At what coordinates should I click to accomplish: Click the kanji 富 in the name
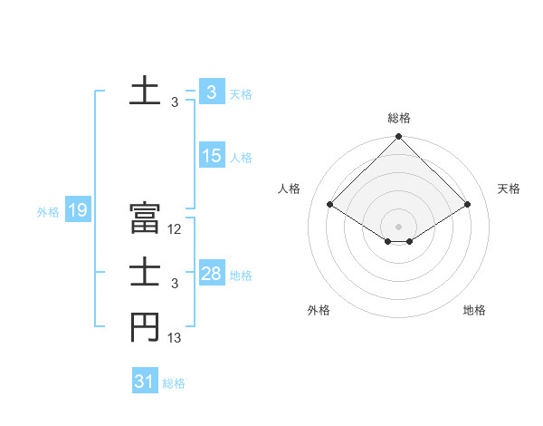145,218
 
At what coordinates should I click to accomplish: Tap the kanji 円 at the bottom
145,327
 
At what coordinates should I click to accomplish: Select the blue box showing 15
212,156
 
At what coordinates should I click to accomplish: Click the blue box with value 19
77,211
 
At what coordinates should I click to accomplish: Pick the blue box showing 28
212,274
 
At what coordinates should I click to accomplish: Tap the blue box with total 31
145,382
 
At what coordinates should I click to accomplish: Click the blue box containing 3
212,92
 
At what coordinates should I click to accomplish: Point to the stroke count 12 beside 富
176,229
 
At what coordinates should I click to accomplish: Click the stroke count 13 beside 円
175,338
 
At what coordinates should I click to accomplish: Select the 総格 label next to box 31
174,383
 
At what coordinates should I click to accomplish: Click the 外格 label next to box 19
48,212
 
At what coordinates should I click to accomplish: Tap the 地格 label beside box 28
242,276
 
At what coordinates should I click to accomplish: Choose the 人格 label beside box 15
242,158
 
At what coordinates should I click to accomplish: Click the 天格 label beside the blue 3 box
241,94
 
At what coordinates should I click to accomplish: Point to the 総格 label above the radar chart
399,118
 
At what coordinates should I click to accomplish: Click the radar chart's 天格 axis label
509,189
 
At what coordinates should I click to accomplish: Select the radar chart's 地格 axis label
474,310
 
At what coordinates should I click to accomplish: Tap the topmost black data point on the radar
398,137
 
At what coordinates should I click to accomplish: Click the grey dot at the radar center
398,226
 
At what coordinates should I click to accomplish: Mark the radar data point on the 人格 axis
329,203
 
